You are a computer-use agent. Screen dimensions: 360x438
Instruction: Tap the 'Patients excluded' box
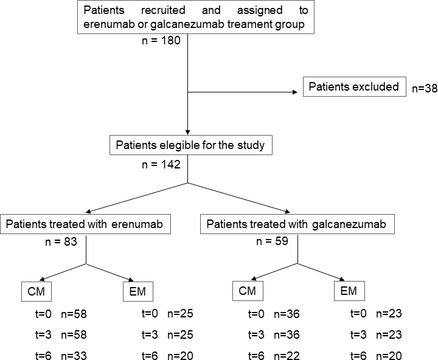[354, 87]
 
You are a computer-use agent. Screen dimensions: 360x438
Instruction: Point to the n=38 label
[425, 88]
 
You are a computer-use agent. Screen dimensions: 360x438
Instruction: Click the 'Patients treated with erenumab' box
[86, 224]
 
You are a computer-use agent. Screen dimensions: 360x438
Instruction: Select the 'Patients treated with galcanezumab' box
[297, 224]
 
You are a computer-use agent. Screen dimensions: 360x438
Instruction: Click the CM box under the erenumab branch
[36, 292]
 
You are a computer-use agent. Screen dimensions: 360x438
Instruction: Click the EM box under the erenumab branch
[137, 292]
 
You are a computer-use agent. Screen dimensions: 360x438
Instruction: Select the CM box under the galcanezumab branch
[248, 292]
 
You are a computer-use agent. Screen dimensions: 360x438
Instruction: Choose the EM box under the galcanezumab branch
[349, 292]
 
